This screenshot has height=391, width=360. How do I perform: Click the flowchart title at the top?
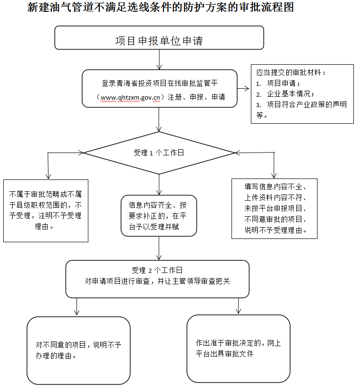(x=161, y=7)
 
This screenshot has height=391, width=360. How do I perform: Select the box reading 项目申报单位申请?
(x=159, y=38)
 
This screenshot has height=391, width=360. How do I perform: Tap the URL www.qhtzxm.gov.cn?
(x=130, y=97)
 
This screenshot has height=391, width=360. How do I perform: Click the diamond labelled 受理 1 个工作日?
(x=159, y=153)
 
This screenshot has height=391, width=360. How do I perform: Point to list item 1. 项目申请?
(x=278, y=83)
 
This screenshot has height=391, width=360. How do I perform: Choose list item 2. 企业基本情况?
(x=285, y=94)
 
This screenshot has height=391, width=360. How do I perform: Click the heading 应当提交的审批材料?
(x=291, y=72)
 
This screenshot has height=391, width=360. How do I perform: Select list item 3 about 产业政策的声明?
(x=301, y=110)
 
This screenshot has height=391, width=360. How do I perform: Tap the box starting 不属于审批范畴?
(x=46, y=211)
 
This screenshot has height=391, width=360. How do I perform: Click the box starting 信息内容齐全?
(x=159, y=216)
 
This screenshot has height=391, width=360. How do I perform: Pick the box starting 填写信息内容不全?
(x=274, y=209)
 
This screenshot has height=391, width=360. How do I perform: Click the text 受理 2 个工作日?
(x=157, y=270)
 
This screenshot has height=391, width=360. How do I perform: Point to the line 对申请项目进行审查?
(x=157, y=281)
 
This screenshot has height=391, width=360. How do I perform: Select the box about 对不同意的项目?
(x=78, y=350)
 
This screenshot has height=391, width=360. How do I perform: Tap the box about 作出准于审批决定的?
(x=239, y=348)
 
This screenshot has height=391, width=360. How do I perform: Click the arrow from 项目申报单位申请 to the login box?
(x=159, y=59)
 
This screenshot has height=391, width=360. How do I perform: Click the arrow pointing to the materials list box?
(x=243, y=88)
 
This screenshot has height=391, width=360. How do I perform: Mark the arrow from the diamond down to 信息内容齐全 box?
(x=159, y=185)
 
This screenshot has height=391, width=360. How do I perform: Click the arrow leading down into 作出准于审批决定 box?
(x=239, y=306)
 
